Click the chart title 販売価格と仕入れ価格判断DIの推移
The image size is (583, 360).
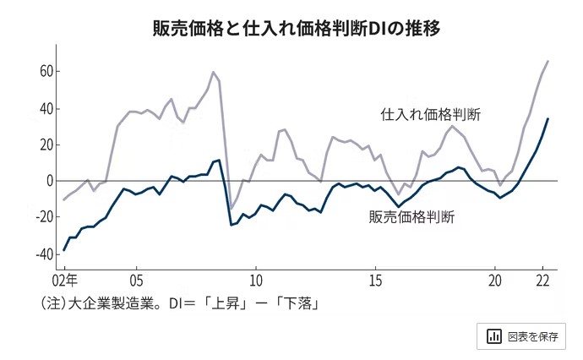pos(291,29)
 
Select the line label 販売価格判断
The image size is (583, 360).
pos(412,217)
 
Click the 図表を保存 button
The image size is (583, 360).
pos(524,336)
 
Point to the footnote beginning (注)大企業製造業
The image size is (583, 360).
pos(177,303)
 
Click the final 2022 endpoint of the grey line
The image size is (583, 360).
pos(548,61)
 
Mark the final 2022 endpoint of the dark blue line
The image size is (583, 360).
pos(548,118)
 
